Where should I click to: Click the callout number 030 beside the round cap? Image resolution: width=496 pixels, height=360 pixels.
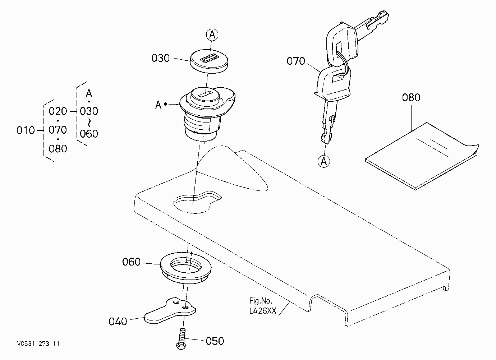click(161, 58)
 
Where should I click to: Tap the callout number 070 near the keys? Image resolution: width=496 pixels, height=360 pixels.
click(296, 61)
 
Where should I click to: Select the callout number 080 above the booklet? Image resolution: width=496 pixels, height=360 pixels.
click(411, 97)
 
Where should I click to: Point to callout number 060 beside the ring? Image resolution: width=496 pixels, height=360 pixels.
click(131, 262)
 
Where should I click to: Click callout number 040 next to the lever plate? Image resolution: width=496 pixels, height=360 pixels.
click(118, 322)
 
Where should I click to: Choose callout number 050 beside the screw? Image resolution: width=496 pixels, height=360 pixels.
click(215, 341)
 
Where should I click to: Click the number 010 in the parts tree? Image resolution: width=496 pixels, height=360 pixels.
click(26, 130)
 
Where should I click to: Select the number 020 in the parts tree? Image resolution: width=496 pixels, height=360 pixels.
click(58, 111)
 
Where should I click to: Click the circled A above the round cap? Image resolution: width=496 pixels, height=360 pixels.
click(212, 35)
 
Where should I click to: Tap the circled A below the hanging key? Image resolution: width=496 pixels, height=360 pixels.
click(324, 161)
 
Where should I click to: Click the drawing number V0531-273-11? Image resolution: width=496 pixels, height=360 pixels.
click(38, 343)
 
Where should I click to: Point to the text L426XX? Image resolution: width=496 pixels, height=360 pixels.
click(263, 311)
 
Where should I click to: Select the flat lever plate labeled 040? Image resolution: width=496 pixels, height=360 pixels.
click(170, 311)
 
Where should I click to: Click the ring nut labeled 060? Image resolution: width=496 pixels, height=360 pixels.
click(185, 268)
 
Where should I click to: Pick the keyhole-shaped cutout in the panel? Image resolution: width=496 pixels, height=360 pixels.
click(197, 202)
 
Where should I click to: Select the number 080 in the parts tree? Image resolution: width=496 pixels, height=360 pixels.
click(58, 149)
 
